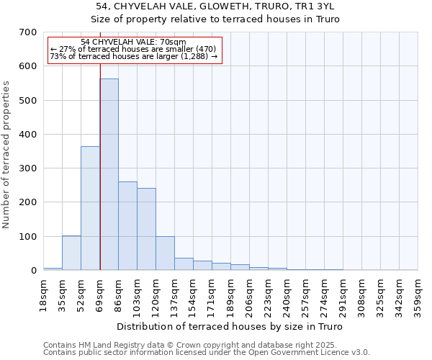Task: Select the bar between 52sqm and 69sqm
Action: pos(90,208)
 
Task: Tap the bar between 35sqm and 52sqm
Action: pos(71,253)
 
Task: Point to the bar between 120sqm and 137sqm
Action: pos(165,253)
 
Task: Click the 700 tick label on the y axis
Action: pos(28,32)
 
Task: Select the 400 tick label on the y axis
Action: pos(28,135)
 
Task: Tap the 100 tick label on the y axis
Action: pos(28,237)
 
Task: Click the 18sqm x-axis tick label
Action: pos(44,294)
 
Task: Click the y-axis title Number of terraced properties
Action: pos(7,155)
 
